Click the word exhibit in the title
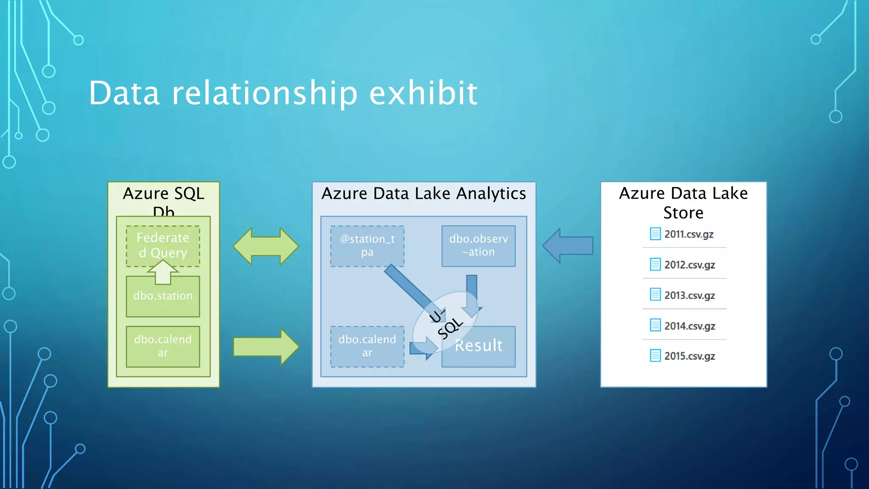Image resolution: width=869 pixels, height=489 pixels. (423, 93)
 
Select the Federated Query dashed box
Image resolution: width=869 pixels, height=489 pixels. (163, 245)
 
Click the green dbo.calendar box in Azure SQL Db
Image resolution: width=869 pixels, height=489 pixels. (163, 346)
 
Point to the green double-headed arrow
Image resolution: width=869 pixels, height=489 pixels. (266, 246)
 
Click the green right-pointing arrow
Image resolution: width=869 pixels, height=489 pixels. (266, 347)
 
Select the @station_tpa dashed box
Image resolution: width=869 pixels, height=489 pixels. (367, 246)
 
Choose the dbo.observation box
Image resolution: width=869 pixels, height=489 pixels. (478, 246)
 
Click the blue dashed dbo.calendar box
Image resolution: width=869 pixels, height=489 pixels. (367, 346)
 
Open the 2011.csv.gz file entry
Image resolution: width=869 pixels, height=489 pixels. (688, 234)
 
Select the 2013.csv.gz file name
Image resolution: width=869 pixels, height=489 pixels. (690, 295)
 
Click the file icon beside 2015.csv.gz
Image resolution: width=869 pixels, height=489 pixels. (655, 356)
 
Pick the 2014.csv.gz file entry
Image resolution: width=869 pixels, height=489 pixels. (690, 326)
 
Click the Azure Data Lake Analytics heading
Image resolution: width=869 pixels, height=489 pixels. (423, 194)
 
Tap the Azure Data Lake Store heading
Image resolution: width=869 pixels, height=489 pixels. (683, 203)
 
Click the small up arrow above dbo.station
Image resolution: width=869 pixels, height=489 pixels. (163, 272)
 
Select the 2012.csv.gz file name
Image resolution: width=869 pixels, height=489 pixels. (690, 265)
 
